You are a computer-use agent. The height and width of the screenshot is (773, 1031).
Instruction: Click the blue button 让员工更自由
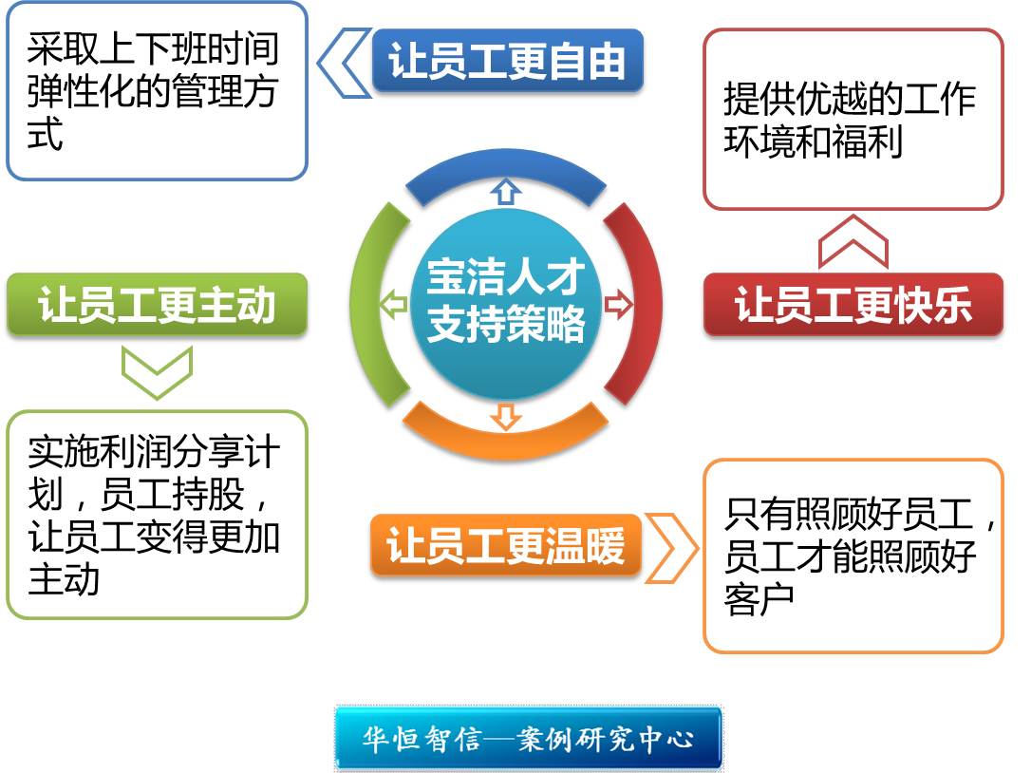tap(507, 61)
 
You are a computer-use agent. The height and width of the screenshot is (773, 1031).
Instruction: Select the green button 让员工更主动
tap(158, 305)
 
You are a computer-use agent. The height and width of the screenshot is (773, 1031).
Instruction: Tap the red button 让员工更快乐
tap(853, 305)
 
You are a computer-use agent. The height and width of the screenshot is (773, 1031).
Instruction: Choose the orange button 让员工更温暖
tap(506, 545)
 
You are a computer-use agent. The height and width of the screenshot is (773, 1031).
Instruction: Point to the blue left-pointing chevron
tap(344, 64)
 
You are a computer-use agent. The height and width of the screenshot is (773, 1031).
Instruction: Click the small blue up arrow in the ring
tap(506, 191)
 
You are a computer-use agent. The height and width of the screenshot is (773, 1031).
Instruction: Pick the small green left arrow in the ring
tap(394, 304)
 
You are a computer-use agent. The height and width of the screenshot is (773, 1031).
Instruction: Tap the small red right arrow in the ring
tap(618, 304)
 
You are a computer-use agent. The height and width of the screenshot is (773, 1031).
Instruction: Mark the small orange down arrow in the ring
tap(506, 417)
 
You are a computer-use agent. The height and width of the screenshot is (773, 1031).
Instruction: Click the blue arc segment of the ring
tap(506, 164)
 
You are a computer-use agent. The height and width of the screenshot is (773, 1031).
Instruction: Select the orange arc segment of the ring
tap(506, 443)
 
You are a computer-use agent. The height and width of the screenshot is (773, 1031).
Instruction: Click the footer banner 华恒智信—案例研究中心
tap(529, 738)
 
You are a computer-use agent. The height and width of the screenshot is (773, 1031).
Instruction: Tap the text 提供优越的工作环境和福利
tap(850, 120)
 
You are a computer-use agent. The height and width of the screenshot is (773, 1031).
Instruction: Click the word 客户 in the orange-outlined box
tap(759, 598)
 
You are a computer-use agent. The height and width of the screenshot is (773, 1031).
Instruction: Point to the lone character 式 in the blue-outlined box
tap(45, 134)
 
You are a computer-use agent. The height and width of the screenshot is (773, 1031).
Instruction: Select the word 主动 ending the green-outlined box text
tap(64, 579)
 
